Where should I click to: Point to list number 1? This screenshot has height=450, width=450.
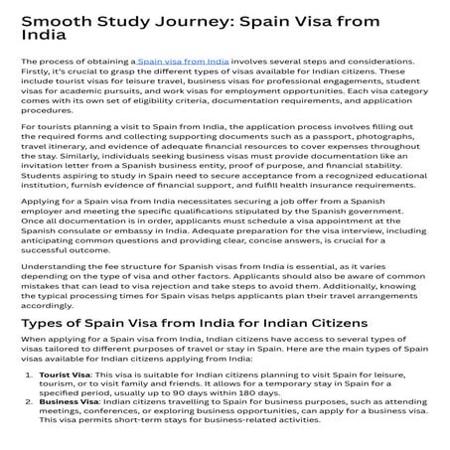[28, 381]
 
